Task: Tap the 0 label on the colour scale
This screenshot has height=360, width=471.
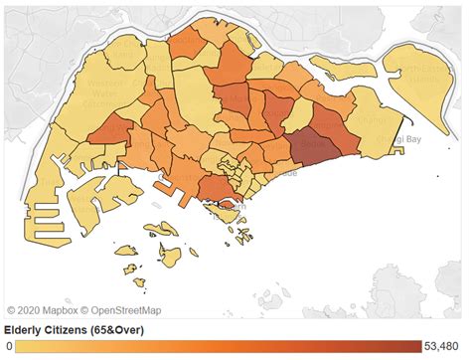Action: point(9,347)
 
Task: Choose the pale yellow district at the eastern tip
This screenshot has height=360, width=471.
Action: point(373,139)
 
